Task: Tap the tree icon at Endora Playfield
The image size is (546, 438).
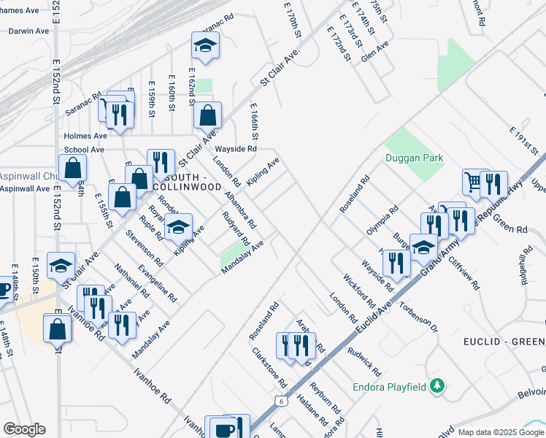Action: pos(437,386)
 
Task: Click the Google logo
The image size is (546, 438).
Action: pos(24,429)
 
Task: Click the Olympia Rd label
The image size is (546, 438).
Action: pos(382,220)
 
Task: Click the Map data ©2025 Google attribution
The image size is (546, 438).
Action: pos(501,432)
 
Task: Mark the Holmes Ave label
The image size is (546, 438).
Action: pos(85,136)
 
